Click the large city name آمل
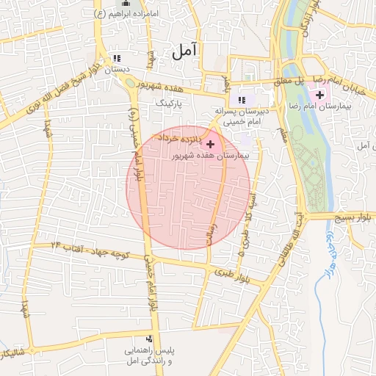[x=184, y=51]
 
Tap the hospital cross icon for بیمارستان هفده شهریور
[x=211, y=144]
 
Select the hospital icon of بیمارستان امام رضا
[x=320, y=95]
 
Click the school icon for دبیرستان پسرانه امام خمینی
[x=242, y=100]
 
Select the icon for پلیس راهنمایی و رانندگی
[x=150, y=339]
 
